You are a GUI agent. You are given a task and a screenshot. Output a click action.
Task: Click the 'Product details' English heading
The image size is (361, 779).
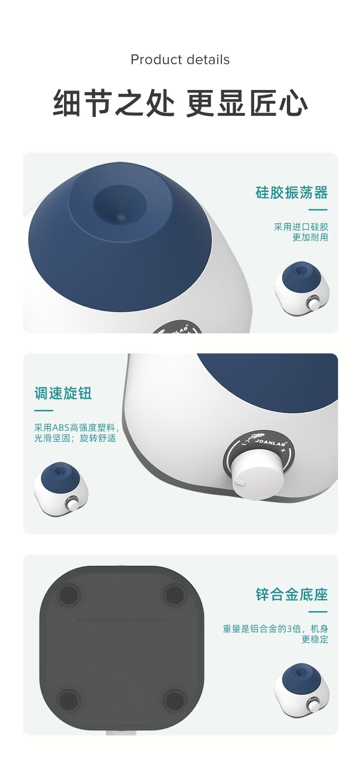pos(180,60)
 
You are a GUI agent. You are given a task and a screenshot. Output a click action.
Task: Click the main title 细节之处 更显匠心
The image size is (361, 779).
pos(180,102)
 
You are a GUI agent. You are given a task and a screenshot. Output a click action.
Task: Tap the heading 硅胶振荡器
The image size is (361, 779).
pos(291,192)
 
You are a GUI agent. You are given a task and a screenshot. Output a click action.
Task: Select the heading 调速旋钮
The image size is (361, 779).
pos(63,393)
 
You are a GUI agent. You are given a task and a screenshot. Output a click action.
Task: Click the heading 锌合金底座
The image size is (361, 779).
pos(291,594)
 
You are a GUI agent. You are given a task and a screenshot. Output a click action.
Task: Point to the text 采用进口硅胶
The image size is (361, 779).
pos(301,227)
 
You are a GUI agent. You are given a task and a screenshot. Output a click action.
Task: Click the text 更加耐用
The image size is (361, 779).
pos(310,237)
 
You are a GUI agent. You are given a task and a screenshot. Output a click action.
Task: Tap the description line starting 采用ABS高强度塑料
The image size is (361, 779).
pos(76,427)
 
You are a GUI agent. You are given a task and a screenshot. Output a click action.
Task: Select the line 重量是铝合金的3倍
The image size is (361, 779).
pos(262,628)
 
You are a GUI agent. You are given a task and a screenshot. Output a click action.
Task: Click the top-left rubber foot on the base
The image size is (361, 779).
pos(68,595)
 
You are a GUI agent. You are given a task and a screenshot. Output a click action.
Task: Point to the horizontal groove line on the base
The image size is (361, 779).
pos(122,620)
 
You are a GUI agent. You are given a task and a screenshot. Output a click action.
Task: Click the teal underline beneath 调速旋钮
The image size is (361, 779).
pos(44,410)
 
